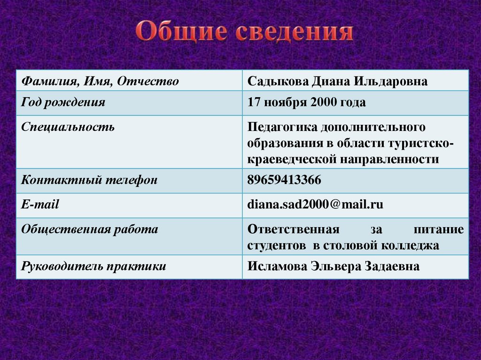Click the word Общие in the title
(181, 33)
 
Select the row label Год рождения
(63, 102)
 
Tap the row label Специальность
(68, 127)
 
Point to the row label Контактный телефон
(89, 180)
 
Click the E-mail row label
(40, 204)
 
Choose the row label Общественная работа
(90, 230)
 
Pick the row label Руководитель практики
(93, 267)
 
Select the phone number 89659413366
(284, 180)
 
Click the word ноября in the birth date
(285, 102)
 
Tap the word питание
(439, 230)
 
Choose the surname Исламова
(277, 267)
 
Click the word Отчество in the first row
(148, 82)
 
